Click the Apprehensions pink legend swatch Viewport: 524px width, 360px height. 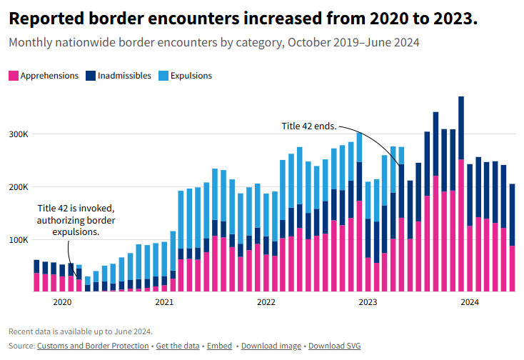[14, 76]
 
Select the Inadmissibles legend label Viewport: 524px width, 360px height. [124, 76]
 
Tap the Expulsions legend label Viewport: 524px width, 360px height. [191, 76]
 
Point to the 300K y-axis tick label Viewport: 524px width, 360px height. [19, 134]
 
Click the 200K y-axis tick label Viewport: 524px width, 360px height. [19, 187]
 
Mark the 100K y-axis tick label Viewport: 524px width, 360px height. [19, 240]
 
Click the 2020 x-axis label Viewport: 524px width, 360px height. [63, 302]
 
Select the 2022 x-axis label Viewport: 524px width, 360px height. [266, 302]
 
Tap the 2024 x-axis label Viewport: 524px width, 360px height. [470, 302]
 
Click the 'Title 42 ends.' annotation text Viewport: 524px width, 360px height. [309, 126]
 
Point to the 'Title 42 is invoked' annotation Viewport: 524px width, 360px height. [76, 220]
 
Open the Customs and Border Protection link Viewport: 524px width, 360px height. [93, 346]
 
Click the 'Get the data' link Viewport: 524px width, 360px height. [178, 346]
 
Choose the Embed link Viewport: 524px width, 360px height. [219, 346]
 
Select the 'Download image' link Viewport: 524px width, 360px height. [271, 346]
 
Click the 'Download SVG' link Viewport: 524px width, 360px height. [335, 346]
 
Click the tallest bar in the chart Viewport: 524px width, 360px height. [461, 194]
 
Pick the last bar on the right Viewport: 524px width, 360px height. [512, 238]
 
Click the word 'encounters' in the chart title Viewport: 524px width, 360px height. [194, 19]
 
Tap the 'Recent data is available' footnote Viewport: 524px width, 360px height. [81, 331]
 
